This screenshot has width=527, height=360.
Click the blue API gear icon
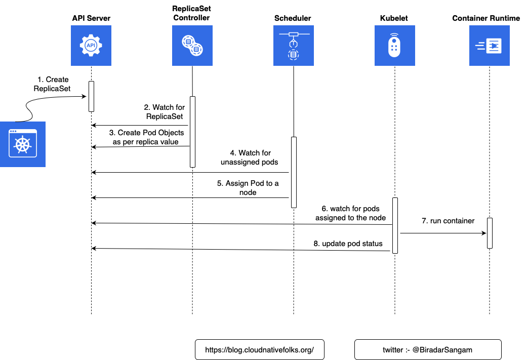pos(91,46)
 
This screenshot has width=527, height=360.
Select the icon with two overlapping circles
pos(192,46)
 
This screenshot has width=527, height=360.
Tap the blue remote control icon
pos(395,46)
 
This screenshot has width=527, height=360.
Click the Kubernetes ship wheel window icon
pos(23,144)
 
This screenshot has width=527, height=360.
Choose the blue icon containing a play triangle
pos(490,46)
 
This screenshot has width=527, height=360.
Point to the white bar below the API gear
pos(92,96)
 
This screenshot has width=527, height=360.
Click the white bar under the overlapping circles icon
pos(192,132)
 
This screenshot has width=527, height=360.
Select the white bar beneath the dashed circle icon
pos(294,172)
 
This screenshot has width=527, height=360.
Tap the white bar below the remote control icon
pos(395,225)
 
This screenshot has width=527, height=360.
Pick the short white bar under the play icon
pos(490,233)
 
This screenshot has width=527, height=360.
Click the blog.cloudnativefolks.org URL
pos(259,350)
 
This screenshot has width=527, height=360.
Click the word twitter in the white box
pos(393,350)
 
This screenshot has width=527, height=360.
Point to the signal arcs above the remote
pos(395,35)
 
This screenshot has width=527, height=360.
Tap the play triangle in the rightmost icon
pos(494,46)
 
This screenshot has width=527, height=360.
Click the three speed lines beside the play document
pos(479,46)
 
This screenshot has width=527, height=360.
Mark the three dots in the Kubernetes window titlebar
pos(13,132)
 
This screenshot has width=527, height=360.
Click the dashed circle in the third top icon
pos(294,55)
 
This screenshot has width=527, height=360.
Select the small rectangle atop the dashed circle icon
pos(294,34)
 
